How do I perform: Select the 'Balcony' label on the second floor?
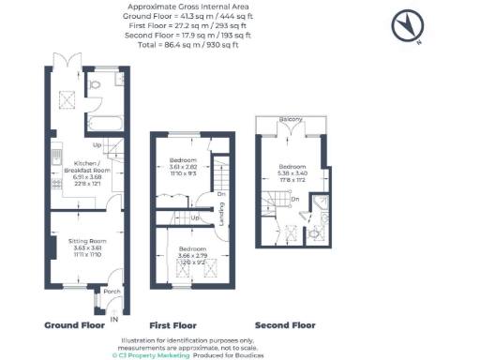(290, 119)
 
